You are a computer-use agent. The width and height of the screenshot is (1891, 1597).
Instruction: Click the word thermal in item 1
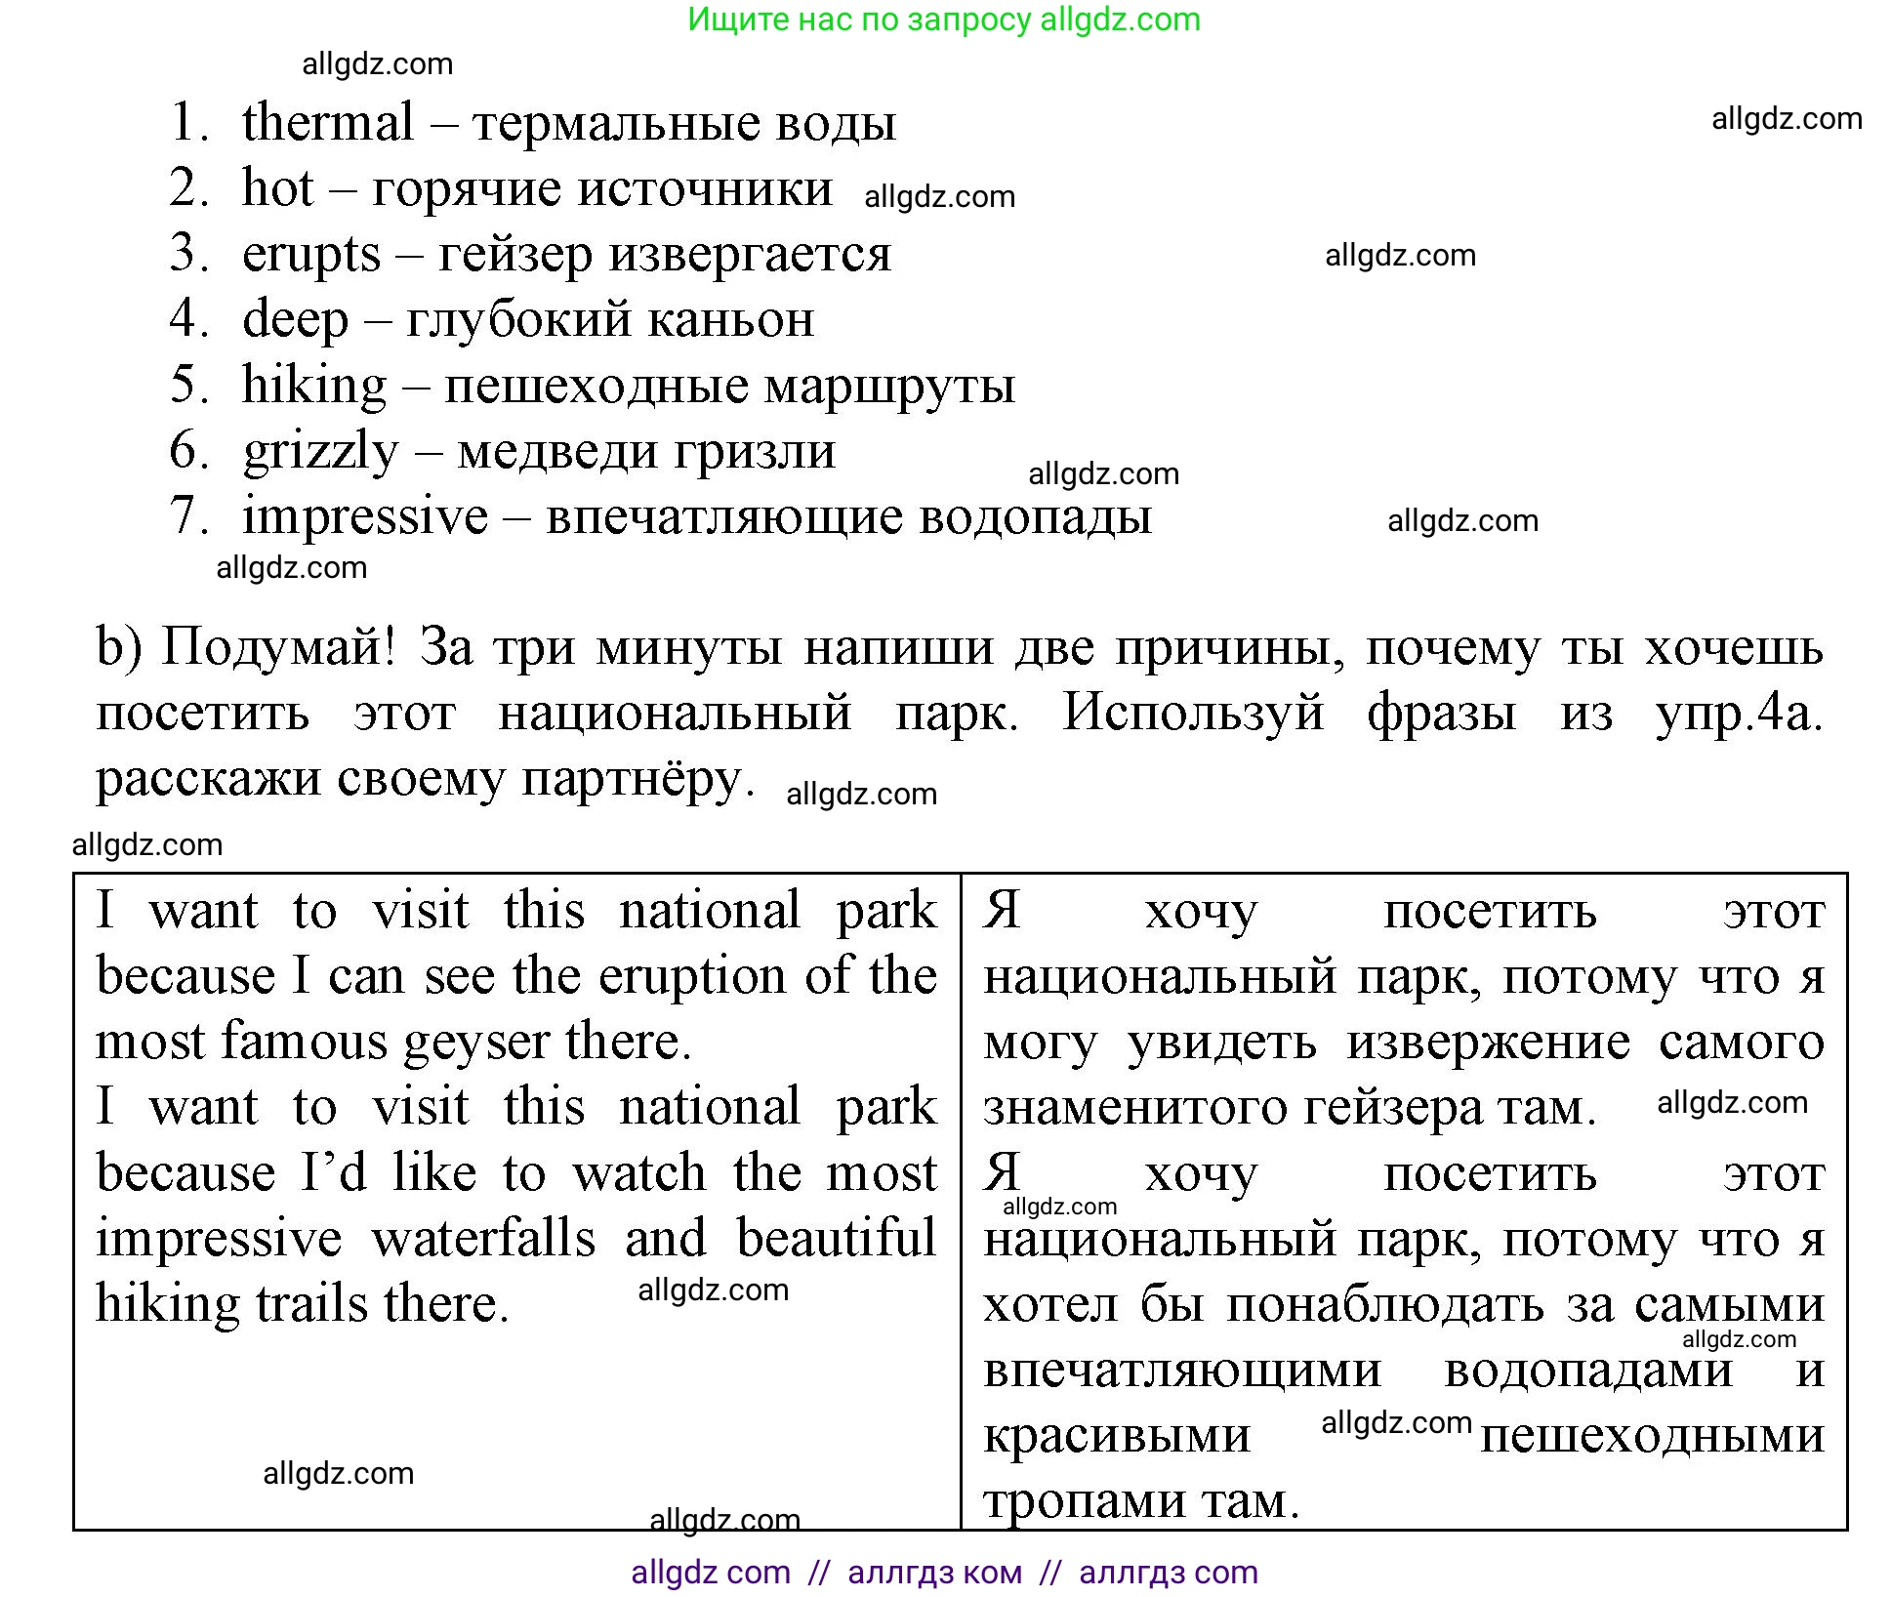(x=328, y=123)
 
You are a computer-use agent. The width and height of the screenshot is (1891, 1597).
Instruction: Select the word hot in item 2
(x=278, y=187)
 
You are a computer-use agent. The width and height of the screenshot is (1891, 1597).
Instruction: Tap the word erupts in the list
(x=310, y=254)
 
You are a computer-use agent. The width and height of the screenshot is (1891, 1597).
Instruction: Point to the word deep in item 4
(x=295, y=320)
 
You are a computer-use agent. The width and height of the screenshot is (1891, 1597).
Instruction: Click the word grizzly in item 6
(x=321, y=452)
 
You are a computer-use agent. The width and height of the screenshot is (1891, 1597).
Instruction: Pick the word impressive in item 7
(x=365, y=516)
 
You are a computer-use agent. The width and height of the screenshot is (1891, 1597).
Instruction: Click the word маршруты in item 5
(x=889, y=386)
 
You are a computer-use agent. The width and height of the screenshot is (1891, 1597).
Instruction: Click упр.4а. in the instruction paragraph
(x=1739, y=714)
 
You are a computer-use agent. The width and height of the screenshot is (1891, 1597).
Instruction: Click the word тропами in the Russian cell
(x=1085, y=1501)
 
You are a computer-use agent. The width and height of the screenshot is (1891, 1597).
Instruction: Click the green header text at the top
(x=944, y=20)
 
